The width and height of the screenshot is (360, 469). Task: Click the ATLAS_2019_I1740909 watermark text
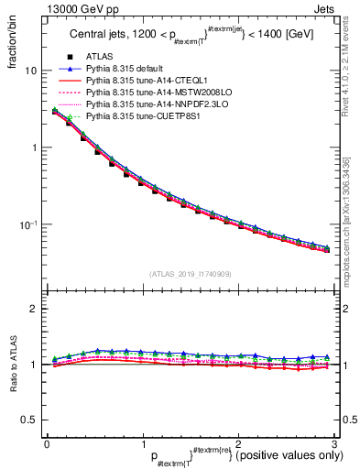191,274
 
